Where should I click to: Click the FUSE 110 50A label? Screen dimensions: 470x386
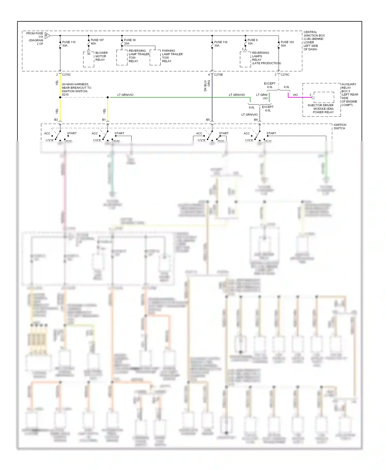[x=68, y=44]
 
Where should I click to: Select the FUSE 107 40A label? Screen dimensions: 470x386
[x=97, y=42]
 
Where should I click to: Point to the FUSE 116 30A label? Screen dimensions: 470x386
[x=221, y=44]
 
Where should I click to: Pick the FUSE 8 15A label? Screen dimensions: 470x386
[x=252, y=42]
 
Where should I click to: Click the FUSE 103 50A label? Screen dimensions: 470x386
[x=287, y=44]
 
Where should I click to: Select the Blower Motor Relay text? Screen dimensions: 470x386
[x=101, y=56]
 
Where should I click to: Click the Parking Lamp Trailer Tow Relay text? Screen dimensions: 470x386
[x=172, y=56]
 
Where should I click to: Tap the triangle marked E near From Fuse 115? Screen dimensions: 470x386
[x=47, y=36]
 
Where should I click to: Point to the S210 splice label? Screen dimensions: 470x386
[x=65, y=95]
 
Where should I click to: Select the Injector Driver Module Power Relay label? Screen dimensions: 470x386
[x=321, y=109]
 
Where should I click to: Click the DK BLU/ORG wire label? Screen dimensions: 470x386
[x=207, y=86]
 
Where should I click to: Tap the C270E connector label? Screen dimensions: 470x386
[x=218, y=75]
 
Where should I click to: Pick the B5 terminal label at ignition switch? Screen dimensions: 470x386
[x=208, y=120]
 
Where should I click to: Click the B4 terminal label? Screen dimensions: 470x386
[x=256, y=120]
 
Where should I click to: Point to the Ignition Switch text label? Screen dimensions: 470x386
[x=340, y=126]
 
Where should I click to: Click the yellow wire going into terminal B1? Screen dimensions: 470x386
[x=108, y=109]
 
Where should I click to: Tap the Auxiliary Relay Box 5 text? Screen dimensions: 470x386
[x=349, y=94]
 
